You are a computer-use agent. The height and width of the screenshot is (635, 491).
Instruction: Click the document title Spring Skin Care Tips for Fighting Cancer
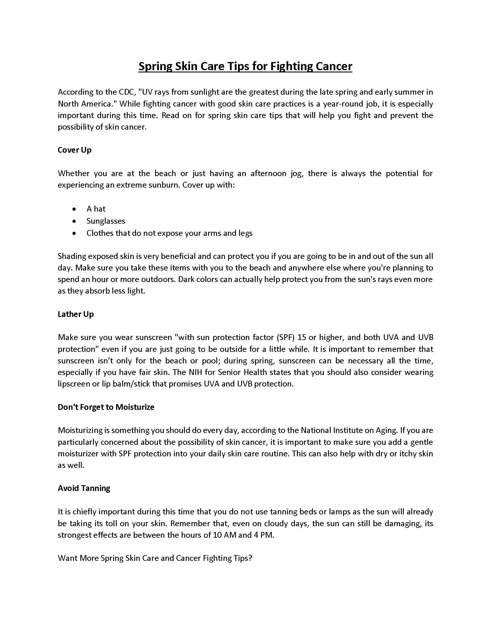tap(245, 66)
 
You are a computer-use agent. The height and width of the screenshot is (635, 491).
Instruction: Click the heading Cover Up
tap(75, 150)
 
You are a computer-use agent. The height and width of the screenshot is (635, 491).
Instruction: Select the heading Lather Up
tap(76, 314)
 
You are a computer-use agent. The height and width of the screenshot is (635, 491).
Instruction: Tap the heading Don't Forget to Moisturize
tap(106, 407)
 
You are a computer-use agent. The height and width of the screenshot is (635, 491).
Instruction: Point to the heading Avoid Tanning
tap(84, 488)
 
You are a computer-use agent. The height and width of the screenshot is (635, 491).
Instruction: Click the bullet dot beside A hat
tap(75, 209)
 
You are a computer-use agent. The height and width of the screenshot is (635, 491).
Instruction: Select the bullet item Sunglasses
tap(106, 221)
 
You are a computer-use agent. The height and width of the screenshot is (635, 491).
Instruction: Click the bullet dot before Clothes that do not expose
tap(75, 233)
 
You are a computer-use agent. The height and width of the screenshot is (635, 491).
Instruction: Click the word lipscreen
tap(74, 384)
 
